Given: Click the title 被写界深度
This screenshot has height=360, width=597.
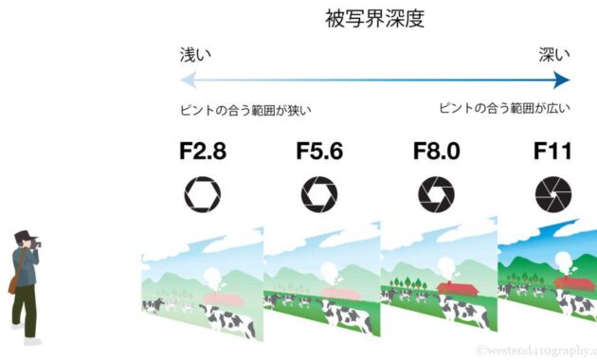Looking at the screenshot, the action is [375, 19].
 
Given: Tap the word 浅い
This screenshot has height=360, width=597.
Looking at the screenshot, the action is [195, 55].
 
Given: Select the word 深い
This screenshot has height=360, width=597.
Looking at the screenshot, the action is [554, 54].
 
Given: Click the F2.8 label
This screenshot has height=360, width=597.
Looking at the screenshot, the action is [203, 151].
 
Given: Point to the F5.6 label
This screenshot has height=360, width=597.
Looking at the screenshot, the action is [319, 151].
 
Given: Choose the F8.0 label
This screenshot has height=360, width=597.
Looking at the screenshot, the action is [436, 151].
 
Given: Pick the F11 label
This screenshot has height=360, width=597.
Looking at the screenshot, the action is [552, 151].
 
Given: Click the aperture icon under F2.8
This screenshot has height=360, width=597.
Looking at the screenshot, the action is [203, 194].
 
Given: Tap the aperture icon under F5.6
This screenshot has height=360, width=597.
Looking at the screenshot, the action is [319, 194].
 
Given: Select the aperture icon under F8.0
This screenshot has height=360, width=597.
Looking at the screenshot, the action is [436, 194].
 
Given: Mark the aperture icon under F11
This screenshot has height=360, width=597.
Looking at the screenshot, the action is [553, 194].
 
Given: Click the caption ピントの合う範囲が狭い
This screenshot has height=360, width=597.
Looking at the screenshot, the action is [245, 110].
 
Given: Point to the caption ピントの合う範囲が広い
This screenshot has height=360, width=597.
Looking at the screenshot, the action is [505, 108].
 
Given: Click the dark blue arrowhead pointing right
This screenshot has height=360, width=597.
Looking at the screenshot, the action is [562, 80].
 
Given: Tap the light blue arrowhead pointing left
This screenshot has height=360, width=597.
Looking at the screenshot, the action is [188, 80].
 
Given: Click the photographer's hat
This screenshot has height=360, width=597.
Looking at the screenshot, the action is [25, 235].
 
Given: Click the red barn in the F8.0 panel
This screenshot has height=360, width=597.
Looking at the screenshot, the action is [458, 288].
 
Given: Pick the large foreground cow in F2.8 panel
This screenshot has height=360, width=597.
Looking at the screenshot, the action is [228, 319].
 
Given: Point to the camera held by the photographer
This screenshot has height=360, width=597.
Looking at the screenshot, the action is [37, 243].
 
